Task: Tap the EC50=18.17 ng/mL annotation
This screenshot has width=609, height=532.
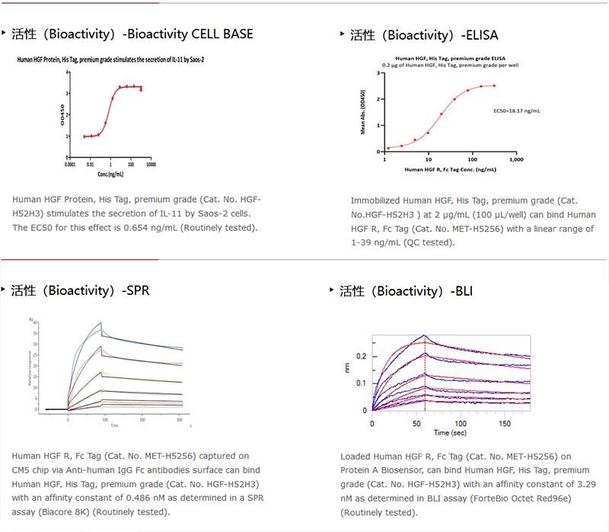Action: pyautogui.click(x=517, y=111)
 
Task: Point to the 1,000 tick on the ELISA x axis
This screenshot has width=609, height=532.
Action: pyautogui.click(x=516, y=160)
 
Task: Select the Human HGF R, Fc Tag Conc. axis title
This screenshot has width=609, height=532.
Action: pyautogui.click(x=450, y=168)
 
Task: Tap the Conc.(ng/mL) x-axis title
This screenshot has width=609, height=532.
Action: pyautogui.click(x=111, y=175)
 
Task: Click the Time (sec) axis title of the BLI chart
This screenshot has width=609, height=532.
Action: pyautogui.click(x=451, y=432)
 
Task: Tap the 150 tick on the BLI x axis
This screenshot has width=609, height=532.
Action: pyautogui.click(x=505, y=422)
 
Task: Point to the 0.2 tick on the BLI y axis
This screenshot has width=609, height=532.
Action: pyautogui.click(x=362, y=356)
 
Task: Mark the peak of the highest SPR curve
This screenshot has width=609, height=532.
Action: pyautogui.click(x=100, y=323)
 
